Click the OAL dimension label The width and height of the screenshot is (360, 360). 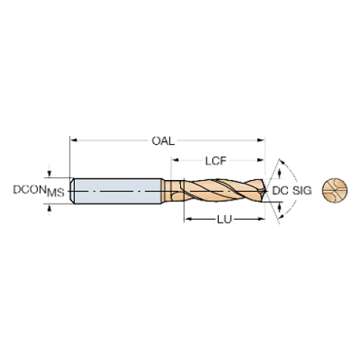click(x=163, y=141)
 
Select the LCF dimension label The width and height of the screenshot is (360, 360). click(x=216, y=161)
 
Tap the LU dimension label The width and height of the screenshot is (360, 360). click(x=224, y=220)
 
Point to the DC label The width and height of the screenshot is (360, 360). click(x=280, y=190)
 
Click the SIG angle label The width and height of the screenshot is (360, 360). click(x=302, y=190)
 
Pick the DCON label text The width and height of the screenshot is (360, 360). click(x=29, y=190)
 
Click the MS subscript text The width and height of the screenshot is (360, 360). click(x=56, y=192)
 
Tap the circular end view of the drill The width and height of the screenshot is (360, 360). click(x=335, y=190)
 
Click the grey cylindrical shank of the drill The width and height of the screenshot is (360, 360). click(x=118, y=191)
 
